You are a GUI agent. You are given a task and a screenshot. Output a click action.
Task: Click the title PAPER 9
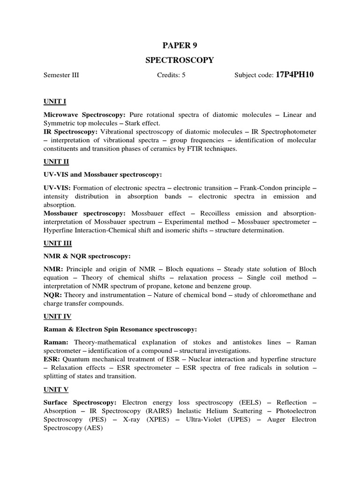pyautogui.click(x=180, y=45)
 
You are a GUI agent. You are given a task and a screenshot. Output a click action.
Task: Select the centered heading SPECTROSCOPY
pyautogui.click(x=180, y=60)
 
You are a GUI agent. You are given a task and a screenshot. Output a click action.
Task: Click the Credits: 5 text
pyautogui.click(x=171, y=75)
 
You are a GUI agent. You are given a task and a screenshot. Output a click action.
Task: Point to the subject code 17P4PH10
pyautogui.click(x=294, y=75)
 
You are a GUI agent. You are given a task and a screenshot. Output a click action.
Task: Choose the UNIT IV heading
pyautogui.click(x=58, y=316)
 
